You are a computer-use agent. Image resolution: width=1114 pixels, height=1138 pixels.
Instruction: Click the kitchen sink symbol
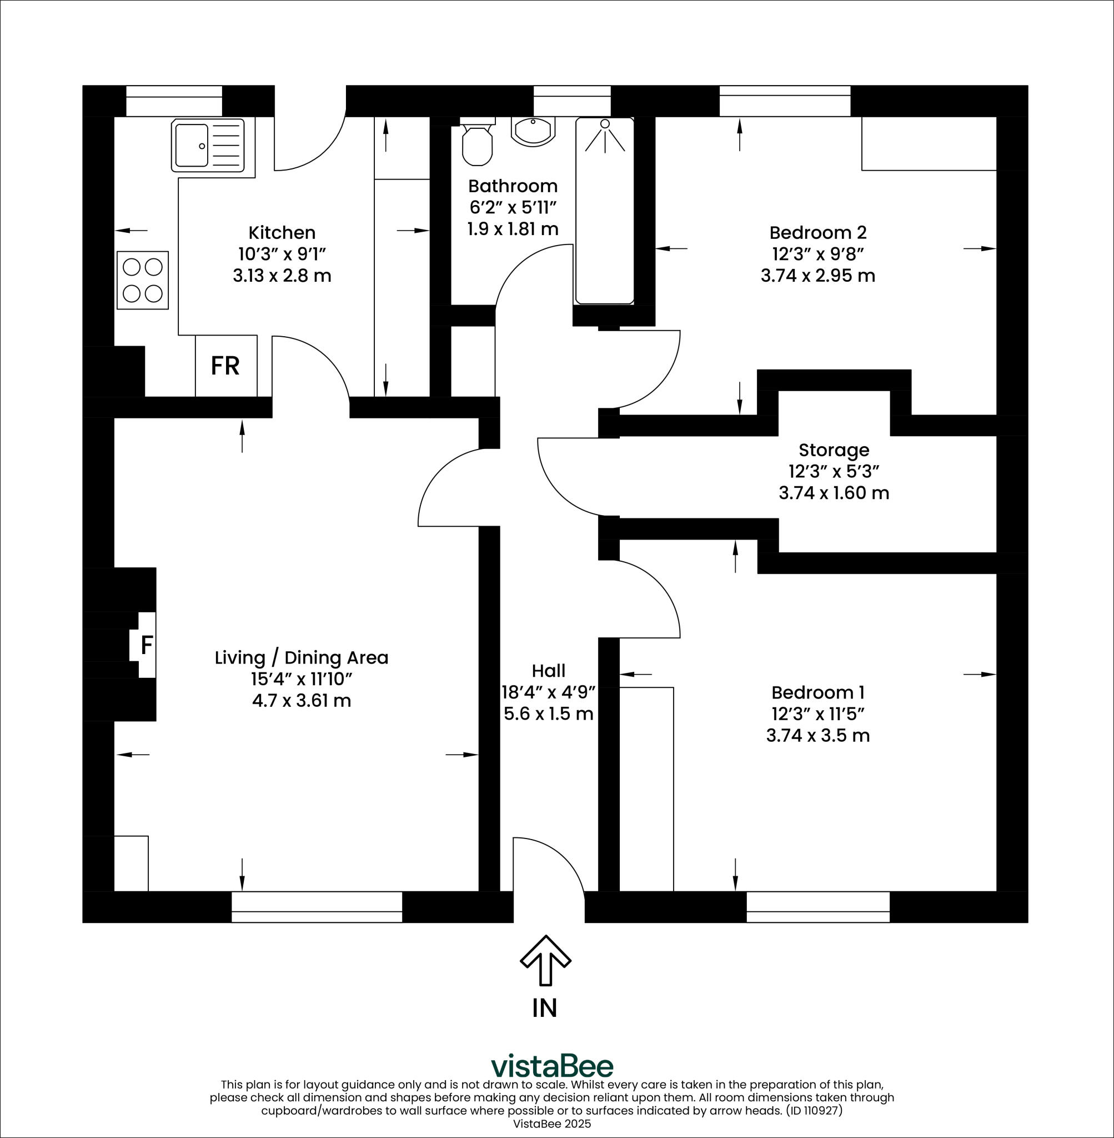[x=208, y=145]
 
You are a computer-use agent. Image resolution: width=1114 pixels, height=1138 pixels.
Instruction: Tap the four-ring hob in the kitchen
[x=143, y=281]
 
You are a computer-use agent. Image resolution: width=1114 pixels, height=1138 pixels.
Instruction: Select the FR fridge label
[x=225, y=366]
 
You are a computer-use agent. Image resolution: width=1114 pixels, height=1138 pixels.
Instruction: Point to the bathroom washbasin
[x=532, y=131]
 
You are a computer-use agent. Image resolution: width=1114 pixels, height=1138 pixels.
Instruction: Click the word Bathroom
[x=513, y=186]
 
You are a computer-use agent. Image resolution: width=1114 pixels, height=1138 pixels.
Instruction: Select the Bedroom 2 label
[x=817, y=232]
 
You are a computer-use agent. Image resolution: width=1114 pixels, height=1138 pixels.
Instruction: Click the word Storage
[x=834, y=450]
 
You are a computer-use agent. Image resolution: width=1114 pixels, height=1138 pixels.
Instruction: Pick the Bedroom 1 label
[x=817, y=692]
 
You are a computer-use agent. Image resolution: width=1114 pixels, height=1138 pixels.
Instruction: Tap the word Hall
[x=548, y=670]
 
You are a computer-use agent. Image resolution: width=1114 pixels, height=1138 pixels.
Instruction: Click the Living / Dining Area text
[x=302, y=657]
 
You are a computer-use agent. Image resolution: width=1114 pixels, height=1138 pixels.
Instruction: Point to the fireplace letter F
[x=147, y=645]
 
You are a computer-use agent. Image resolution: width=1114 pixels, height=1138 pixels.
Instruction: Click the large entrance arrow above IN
[x=545, y=960]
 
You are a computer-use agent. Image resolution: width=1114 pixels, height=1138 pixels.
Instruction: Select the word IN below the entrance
[x=545, y=1008]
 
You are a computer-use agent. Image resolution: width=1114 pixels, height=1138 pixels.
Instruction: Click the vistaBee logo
[x=552, y=1066]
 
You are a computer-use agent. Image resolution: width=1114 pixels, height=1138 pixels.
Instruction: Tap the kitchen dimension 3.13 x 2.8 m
[x=282, y=275]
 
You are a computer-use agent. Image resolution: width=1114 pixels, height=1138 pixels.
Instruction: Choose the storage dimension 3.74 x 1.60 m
[x=834, y=493]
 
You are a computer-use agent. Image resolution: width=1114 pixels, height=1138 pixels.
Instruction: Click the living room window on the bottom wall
[x=317, y=907]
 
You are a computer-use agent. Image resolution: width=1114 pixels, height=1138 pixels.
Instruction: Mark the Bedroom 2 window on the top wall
[x=784, y=101]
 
